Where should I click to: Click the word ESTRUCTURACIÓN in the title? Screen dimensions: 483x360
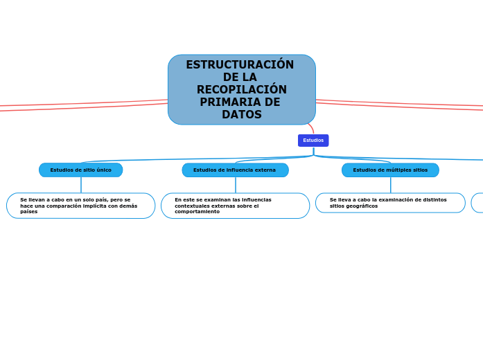(x=240, y=64)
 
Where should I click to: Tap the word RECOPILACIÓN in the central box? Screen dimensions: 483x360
(x=241, y=90)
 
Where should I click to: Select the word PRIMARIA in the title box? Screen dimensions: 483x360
(x=231, y=102)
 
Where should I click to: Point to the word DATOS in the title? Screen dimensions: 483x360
(x=241, y=115)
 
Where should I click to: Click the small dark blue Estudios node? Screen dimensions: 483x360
(x=313, y=141)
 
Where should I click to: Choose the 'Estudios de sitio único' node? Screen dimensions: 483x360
(x=80, y=170)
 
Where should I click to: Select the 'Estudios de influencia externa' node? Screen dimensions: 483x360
(x=235, y=170)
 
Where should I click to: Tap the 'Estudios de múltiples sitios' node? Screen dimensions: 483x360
(x=390, y=170)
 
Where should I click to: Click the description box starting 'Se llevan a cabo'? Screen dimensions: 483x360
(x=80, y=206)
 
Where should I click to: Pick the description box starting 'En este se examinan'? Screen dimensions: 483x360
(x=235, y=206)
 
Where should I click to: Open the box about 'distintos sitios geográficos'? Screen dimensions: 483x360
(x=390, y=203)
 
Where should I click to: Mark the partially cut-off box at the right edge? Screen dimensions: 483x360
(x=477, y=203)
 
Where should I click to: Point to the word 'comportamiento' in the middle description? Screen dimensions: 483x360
(x=197, y=212)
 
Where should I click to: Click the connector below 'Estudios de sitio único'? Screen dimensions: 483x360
(x=81, y=185)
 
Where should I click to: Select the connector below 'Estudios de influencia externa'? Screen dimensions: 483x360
(x=236, y=185)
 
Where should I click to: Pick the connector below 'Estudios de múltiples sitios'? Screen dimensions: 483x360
(x=390, y=185)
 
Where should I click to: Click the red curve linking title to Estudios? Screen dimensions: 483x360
(x=312, y=129)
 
